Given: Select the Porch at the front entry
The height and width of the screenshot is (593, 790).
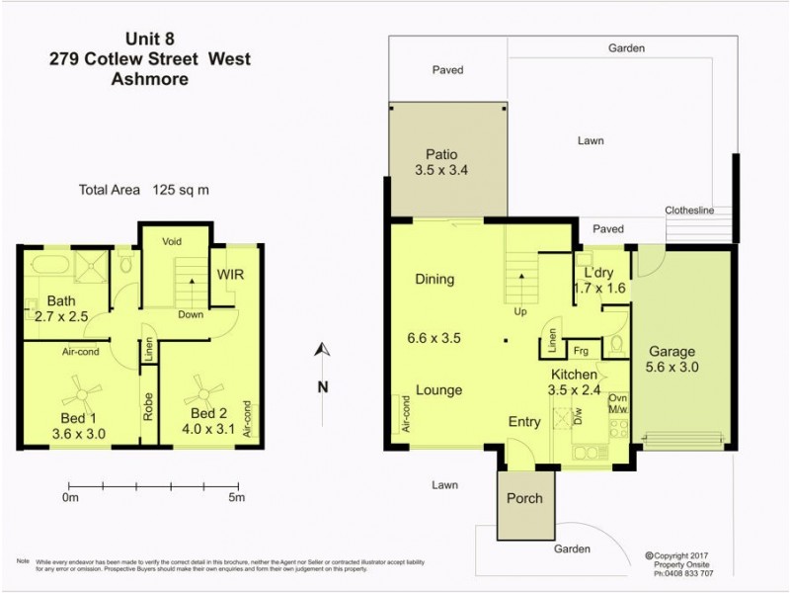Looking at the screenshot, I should point(524,498).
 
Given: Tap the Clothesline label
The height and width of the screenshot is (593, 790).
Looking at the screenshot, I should point(702,211).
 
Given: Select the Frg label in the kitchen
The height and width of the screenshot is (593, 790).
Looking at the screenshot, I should point(582,350).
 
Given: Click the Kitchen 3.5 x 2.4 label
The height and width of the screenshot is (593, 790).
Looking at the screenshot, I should point(574,381).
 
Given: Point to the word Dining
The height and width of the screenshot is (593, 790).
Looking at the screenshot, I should point(434,279).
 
